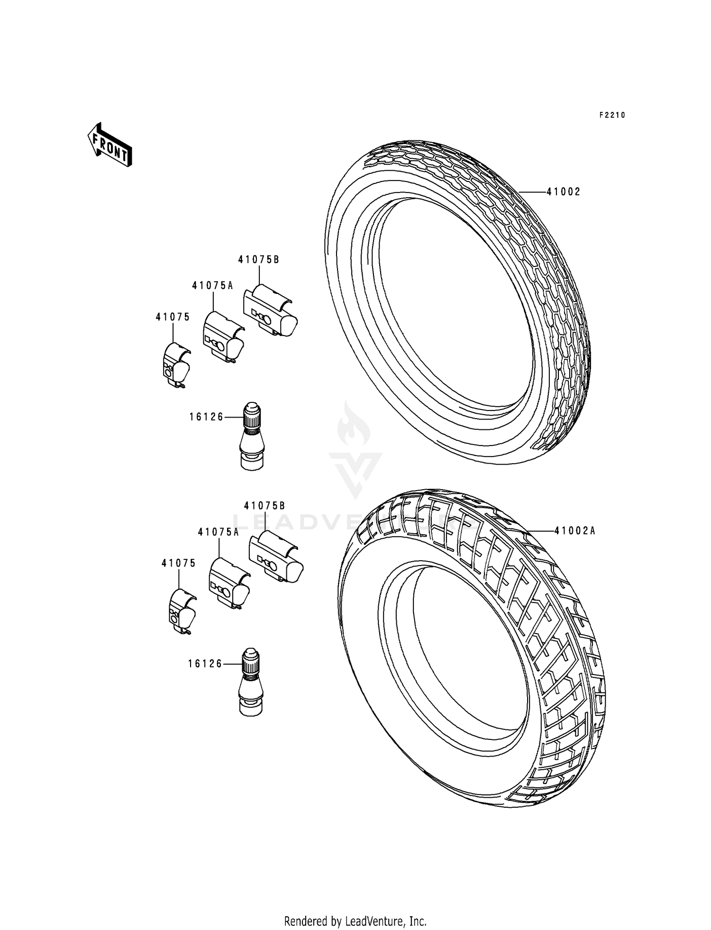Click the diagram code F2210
tap(612, 115)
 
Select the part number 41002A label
tap(574, 531)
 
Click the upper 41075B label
tap(258, 260)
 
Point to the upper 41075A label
tap(212, 285)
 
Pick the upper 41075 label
tap(173, 317)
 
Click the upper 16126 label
tap(206, 417)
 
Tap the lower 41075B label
tap(264, 506)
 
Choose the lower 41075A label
tap(219, 532)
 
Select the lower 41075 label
tap(178, 563)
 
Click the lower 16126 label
tap(205, 664)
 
